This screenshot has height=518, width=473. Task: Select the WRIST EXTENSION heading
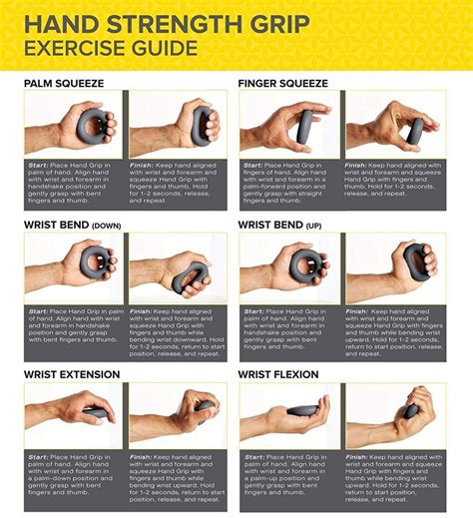(x=72, y=374)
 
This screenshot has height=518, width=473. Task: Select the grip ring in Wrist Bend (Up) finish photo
(x=416, y=262)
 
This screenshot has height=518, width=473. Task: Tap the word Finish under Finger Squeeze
(x=358, y=165)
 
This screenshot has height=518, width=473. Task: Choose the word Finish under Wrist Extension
(x=143, y=457)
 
